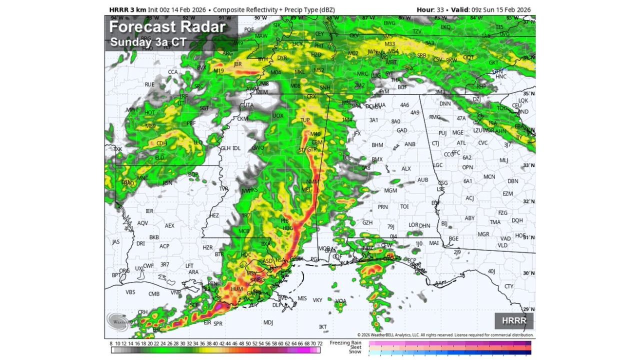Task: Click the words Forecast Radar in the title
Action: point(167,26)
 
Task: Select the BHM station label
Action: point(377,145)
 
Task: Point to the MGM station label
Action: point(390,191)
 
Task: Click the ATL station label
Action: point(461,143)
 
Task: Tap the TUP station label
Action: point(305,120)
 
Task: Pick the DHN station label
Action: point(424,225)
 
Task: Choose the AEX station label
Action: point(170,225)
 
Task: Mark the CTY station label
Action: point(509,286)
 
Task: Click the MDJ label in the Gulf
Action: point(268,322)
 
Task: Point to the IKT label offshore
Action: point(323,327)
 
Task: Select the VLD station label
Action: point(502,245)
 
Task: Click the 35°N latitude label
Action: point(528,93)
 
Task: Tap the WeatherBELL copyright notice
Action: point(445,335)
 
